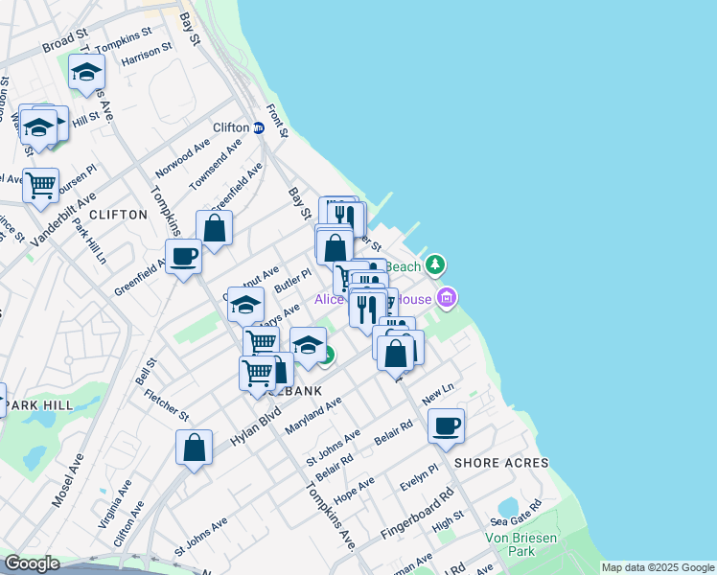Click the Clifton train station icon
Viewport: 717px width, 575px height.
point(259,127)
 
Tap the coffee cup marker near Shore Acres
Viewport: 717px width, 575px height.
point(446,425)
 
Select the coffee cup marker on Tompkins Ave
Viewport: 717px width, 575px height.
point(183,257)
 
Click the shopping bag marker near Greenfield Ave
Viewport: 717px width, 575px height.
point(215,228)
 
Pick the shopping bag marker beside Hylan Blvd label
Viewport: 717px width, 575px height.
point(194,448)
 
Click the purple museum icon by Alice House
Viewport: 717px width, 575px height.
point(446,299)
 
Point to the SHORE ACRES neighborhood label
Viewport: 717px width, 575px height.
point(501,463)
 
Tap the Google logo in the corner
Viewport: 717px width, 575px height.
point(31,563)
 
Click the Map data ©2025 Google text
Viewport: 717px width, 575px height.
point(658,567)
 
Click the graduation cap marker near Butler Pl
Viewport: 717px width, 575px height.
point(246,305)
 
